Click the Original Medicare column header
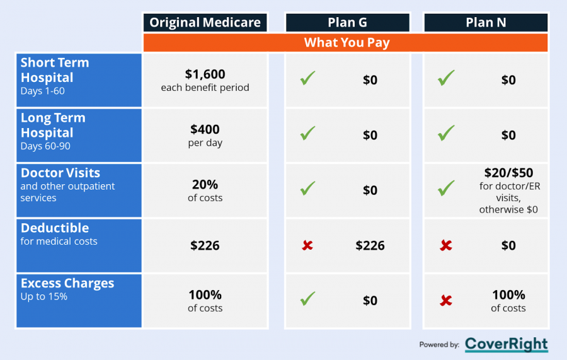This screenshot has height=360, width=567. (205, 23)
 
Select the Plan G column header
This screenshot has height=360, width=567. (348, 23)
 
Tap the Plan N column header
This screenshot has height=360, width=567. (486, 23)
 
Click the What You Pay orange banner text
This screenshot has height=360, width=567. (346, 42)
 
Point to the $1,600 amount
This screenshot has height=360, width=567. (205, 74)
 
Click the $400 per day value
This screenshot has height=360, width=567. (205, 136)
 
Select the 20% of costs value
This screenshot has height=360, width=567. (205, 190)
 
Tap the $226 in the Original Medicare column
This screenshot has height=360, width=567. (205, 246)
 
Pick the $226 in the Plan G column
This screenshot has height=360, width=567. (370, 246)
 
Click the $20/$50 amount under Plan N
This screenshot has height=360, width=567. (508, 173)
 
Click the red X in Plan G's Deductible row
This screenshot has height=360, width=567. (307, 246)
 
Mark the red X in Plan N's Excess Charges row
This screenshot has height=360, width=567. (446, 300)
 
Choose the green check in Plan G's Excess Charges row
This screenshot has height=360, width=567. (307, 298)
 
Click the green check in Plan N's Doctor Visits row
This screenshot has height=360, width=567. (446, 188)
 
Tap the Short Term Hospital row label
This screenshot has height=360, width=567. (55, 76)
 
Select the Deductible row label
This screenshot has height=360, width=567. (55, 228)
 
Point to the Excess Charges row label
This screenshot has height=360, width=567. (67, 283)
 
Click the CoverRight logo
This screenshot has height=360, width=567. (507, 344)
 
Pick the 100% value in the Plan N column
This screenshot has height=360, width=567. (508, 295)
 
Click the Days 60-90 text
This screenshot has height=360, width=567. (45, 146)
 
